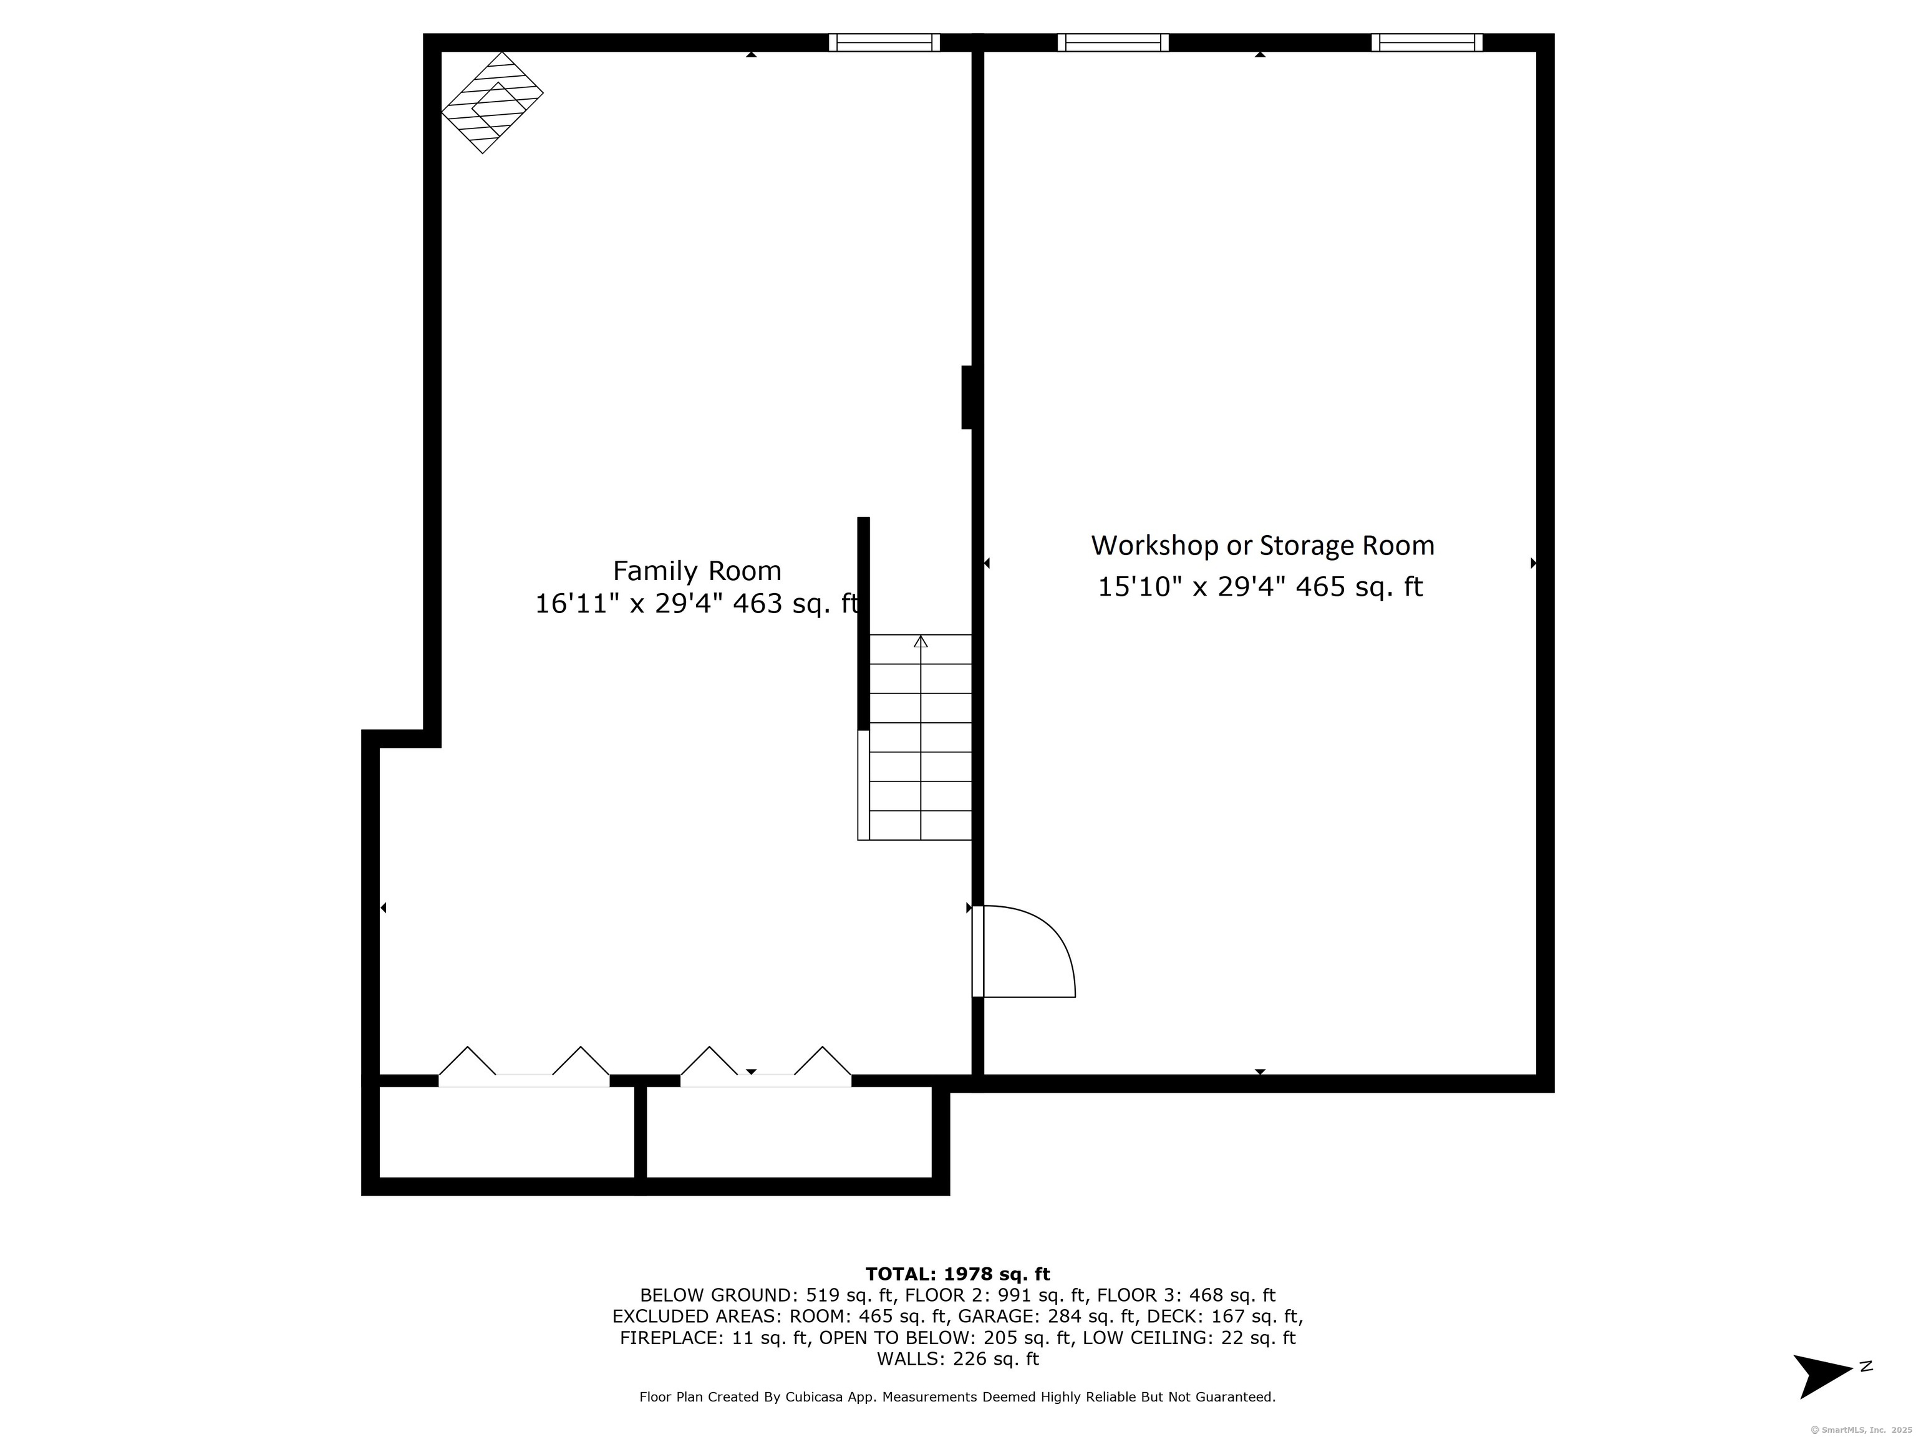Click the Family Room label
tap(697, 571)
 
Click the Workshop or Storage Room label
tap(1262, 546)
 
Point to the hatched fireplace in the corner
tap(492, 102)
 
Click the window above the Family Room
tap(884, 42)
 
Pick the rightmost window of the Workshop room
tap(1426, 42)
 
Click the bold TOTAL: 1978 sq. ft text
tap(957, 1274)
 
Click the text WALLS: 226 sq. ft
tap(957, 1359)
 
